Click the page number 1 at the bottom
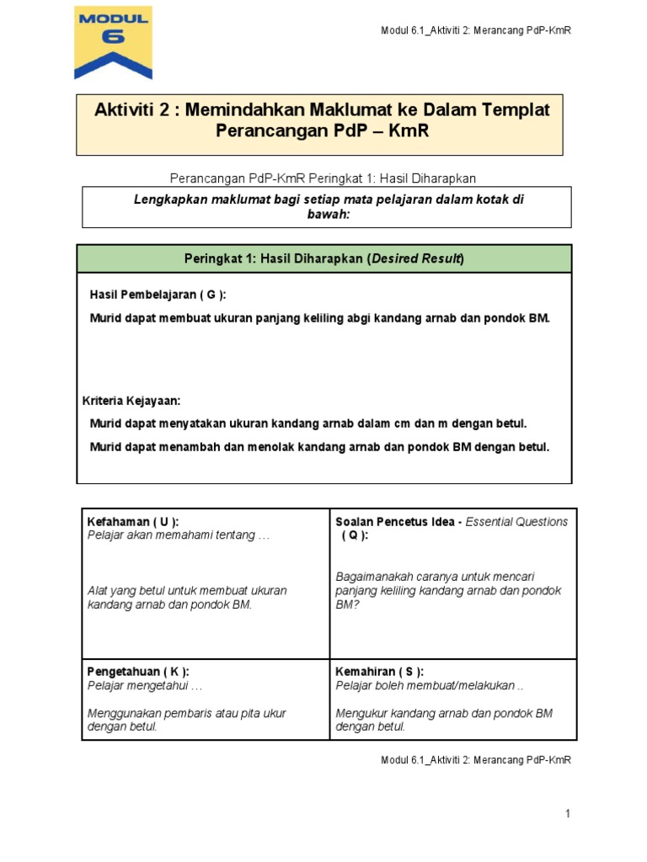(568, 813)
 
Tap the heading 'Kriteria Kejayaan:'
(131, 401)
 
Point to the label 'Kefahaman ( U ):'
(133, 522)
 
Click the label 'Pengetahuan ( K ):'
(138, 671)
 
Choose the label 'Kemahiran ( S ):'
(380, 671)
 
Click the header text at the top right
(476, 31)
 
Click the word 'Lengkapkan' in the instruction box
(174, 199)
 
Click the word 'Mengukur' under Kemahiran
(358, 713)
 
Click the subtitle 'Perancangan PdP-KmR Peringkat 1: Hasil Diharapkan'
(323, 178)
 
